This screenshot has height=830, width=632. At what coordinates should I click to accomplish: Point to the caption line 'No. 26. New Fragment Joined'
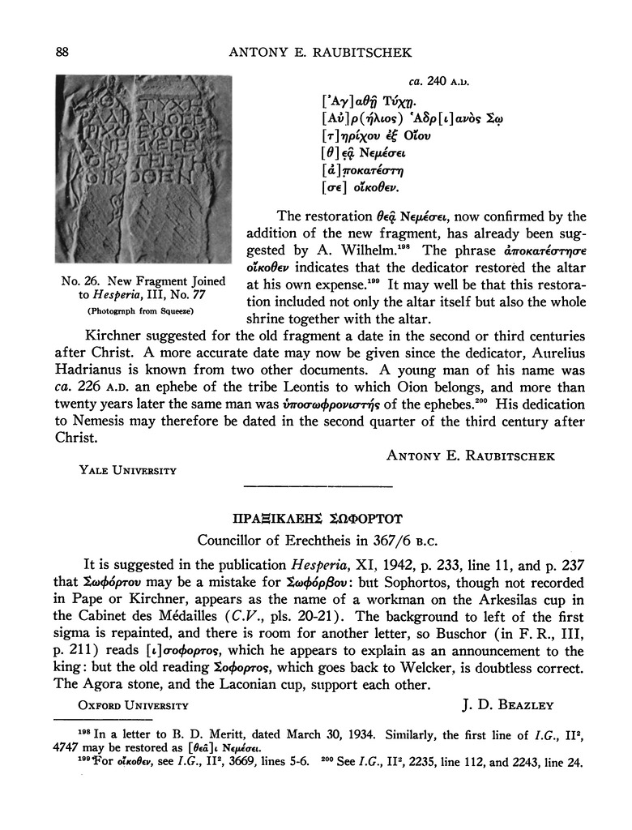[x=143, y=281]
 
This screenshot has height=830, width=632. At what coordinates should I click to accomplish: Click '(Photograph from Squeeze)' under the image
[x=143, y=310]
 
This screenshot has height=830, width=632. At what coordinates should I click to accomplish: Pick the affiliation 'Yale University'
[x=127, y=469]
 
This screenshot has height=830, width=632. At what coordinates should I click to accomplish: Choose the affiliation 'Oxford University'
[x=133, y=705]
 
